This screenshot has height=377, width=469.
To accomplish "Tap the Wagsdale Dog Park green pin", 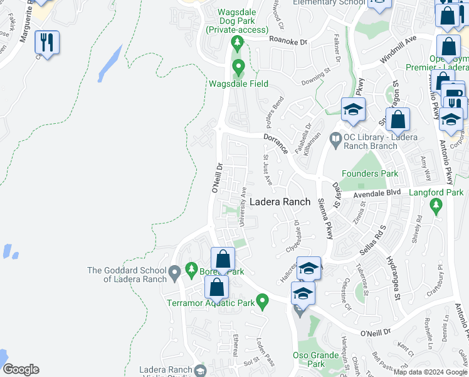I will tap(237, 43).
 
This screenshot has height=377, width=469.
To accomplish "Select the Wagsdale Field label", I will tap(238, 84).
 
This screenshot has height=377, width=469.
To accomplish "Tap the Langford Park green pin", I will tap(436, 205).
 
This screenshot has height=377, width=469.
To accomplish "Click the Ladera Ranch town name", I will tap(280, 202).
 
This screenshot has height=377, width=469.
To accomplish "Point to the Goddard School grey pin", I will tap(175, 272).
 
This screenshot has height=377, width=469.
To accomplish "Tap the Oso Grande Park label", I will tap(316, 359).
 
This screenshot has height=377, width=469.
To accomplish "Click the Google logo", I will tap(21, 369).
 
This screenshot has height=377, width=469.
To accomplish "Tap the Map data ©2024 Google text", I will tap(430, 373).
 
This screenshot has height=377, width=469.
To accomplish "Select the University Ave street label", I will tap(243, 205).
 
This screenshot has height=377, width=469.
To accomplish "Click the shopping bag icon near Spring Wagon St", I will tap(398, 119).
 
